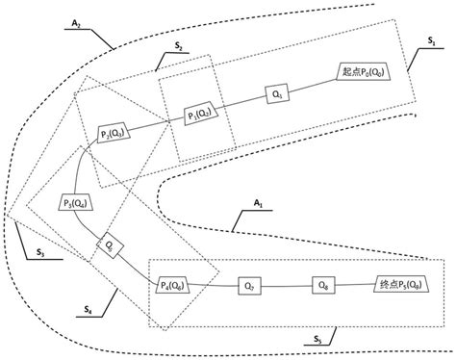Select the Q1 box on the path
click(278, 94)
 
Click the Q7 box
click(250, 286)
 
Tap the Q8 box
click(322, 285)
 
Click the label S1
click(430, 43)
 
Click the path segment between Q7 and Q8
click(287, 286)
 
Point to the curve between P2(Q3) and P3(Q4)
click(93, 166)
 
